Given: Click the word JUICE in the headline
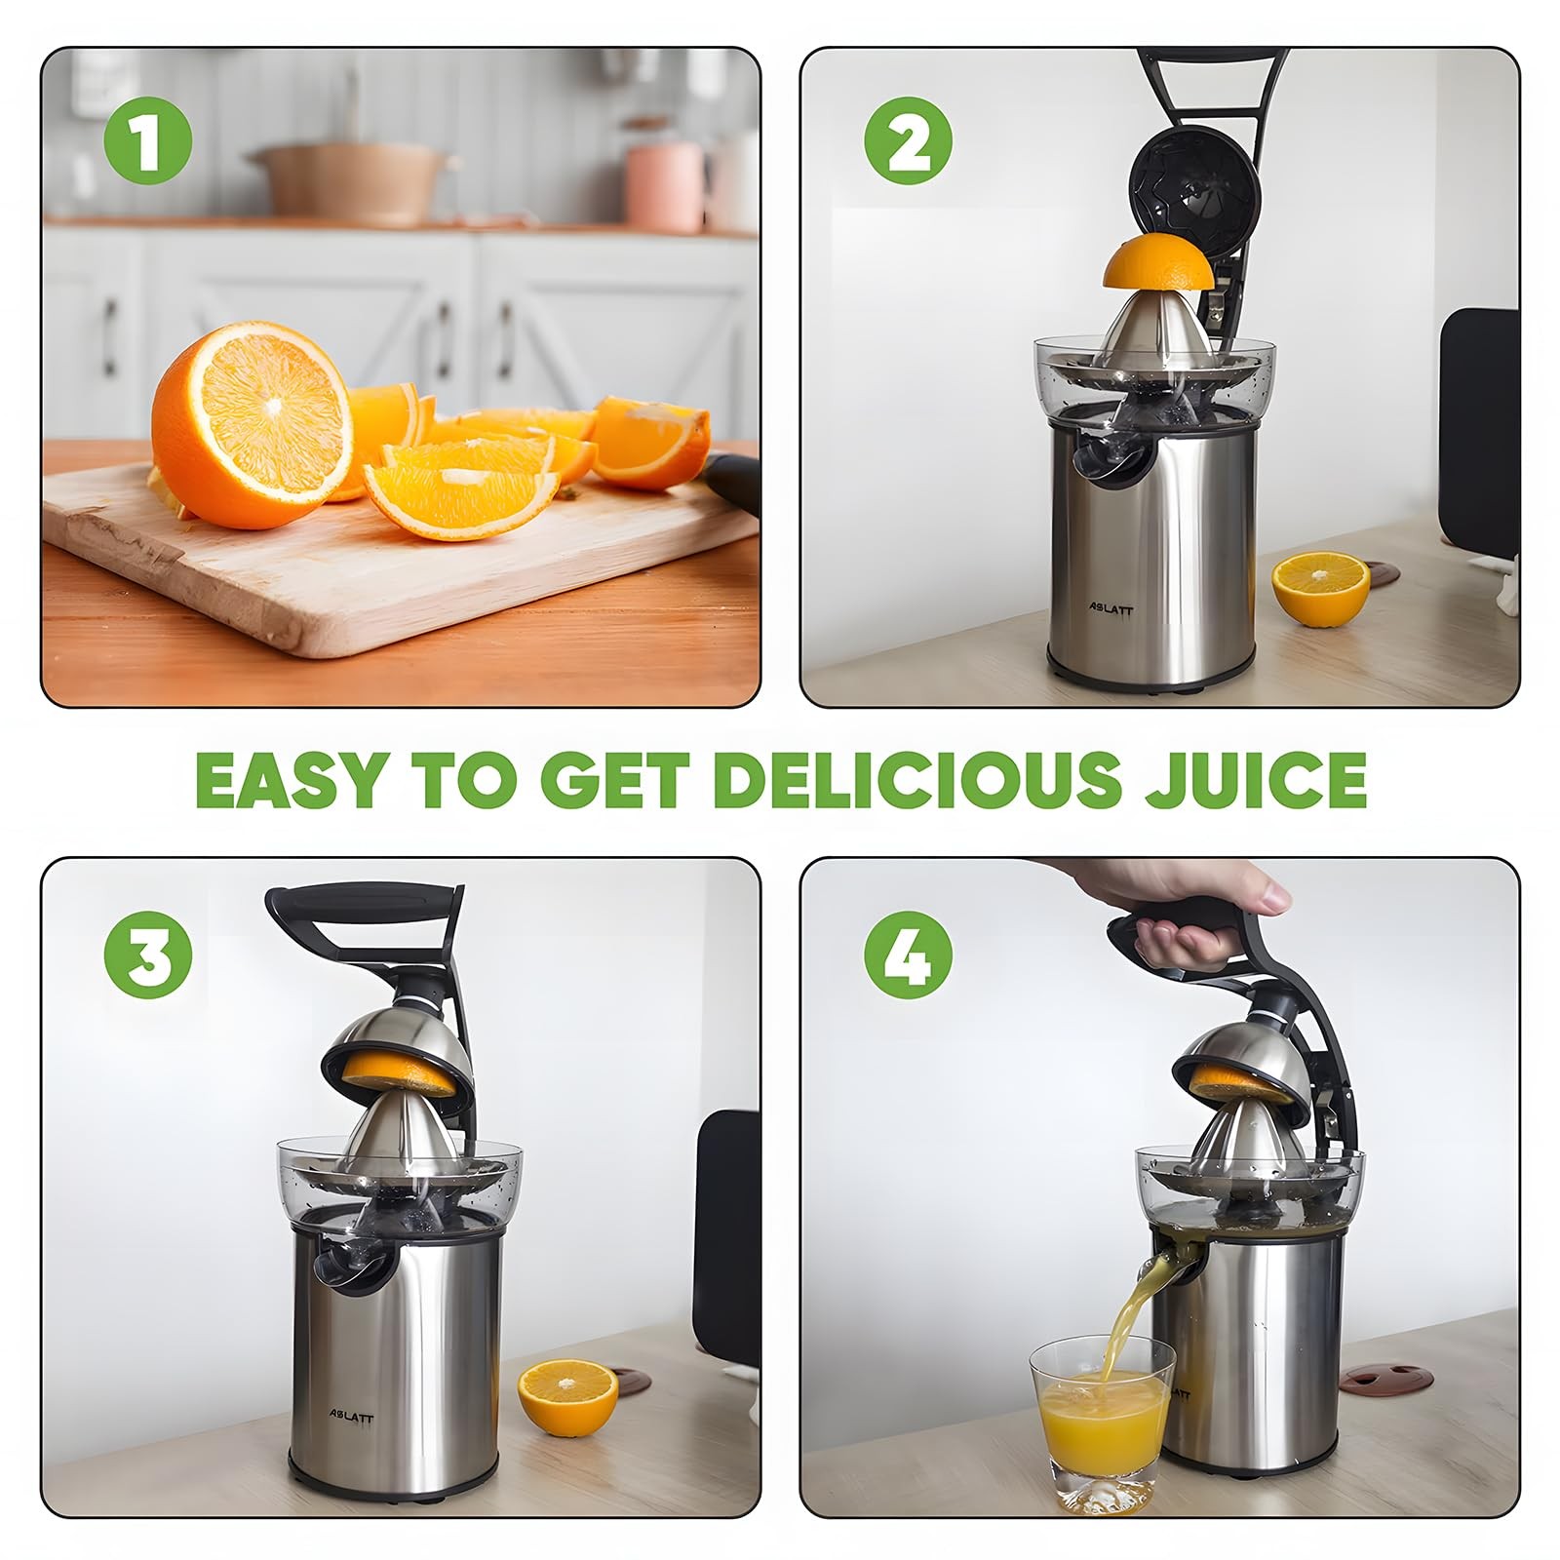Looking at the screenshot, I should click(1255, 779).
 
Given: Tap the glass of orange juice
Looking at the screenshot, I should click(1103, 1423).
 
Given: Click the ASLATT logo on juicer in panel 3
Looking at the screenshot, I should click(350, 1416).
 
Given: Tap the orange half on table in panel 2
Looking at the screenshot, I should click(1320, 588).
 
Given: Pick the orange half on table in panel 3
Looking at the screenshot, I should click(567, 1396).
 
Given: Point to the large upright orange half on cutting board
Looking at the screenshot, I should click(251, 425).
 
